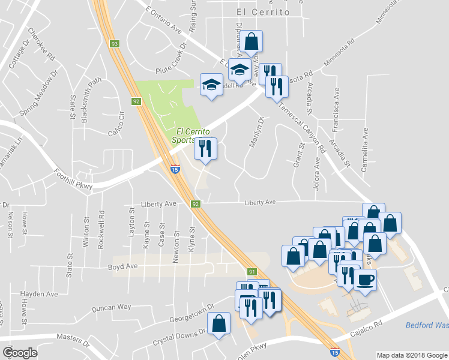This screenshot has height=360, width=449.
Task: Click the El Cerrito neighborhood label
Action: [263, 12]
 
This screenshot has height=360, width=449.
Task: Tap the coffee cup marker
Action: [365, 280]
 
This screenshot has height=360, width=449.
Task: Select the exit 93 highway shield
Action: [114, 44]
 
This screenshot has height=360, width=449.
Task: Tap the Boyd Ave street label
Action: [122, 266]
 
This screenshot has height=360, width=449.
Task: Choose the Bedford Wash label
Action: [427, 325]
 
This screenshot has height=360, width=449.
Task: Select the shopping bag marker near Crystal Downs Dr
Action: [218, 324]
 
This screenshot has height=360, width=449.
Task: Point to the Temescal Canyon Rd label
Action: [304, 128]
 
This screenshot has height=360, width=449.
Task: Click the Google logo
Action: [20, 352]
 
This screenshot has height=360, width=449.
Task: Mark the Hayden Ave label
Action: [39, 294]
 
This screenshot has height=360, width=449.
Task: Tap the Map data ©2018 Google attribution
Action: [411, 355]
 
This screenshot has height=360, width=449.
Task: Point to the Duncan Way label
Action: [111, 307]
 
